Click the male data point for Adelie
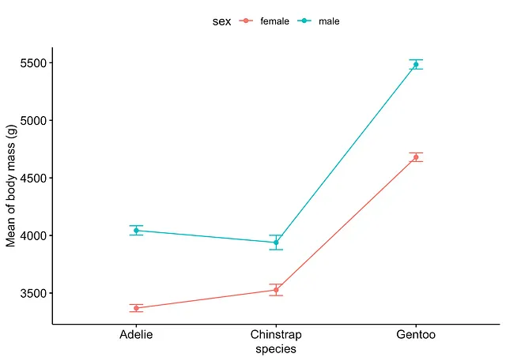pyautogui.click(x=137, y=231)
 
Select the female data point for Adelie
pyautogui.click(x=137, y=308)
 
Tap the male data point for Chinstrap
pyautogui.click(x=276, y=243)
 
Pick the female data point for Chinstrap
pyautogui.click(x=276, y=290)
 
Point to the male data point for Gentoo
pyautogui.click(x=416, y=64)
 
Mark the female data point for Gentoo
pyautogui.click(x=416, y=157)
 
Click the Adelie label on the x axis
pyautogui.click(x=137, y=336)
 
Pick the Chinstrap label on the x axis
pyautogui.click(x=276, y=336)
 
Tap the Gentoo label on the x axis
pyautogui.click(x=416, y=336)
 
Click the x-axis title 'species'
pyautogui.click(x=276, y=349)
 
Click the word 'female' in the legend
pyautogui.click(x=274, y=21)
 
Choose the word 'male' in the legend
pyautogui.click(x=329, y=21)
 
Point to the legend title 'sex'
pyautogui.click(x=221, y=21)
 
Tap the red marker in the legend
pyautogui.click(x=247, y=21)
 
